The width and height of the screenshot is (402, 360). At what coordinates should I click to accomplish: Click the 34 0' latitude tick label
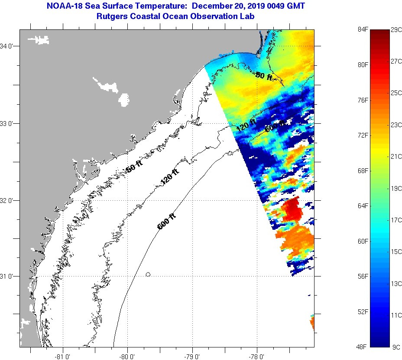pyautogui.click(x=9, y=46)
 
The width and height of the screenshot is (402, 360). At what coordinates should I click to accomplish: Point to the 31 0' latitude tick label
pyautogui.click(x=9, y=276)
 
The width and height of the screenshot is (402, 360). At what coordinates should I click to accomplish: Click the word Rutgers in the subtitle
pyautogui.click(x=113, y=16)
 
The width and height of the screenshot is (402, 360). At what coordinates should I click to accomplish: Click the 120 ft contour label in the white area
pyautogui.click(x=170, y=177)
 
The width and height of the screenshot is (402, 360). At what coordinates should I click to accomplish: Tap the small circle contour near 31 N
pyautogui.click(x=148, y=274)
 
